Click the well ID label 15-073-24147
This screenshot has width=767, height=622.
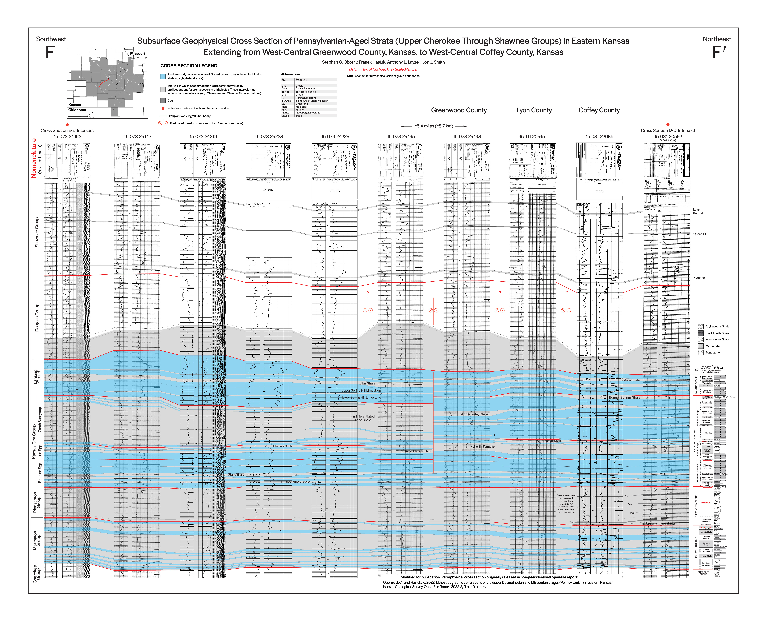(x=137, y=136)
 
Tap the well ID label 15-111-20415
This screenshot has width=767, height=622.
(x=532, y=136)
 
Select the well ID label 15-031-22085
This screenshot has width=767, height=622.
(x=599, y=136)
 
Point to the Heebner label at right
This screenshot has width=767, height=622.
(x=699, y=278)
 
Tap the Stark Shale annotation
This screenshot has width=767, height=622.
(x=236, y=474)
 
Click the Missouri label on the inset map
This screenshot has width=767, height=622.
(x=137, y=53)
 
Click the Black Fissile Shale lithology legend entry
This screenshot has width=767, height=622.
(x=717, y=333)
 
